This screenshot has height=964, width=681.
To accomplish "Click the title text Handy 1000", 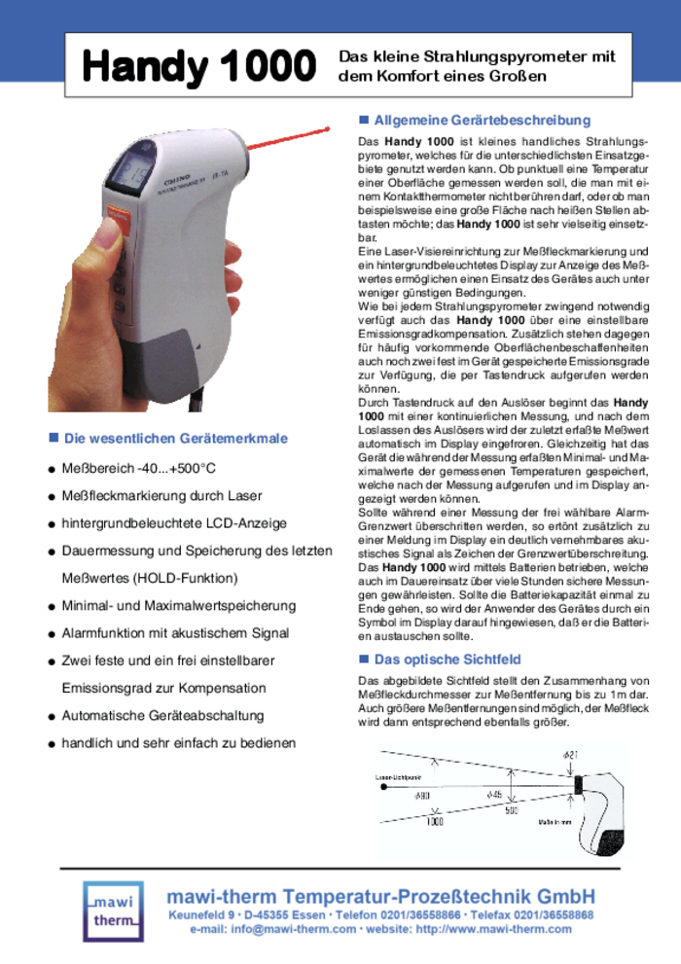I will tap(198, 67).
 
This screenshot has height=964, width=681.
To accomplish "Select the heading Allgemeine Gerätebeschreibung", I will tap(482, 121).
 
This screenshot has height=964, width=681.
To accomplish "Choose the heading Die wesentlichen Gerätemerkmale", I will tap(175, 439).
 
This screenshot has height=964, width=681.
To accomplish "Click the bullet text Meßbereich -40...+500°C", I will tap(139, 469).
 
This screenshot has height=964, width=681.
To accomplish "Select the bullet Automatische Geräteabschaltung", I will tap(162, 715).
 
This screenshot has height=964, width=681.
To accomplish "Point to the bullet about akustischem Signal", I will tap(175, 633).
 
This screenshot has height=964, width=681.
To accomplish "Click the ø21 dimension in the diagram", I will tap(570, 755).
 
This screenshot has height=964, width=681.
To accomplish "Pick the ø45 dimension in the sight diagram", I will tap(494, 795).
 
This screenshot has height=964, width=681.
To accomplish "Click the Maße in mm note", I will tap(556, 822).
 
